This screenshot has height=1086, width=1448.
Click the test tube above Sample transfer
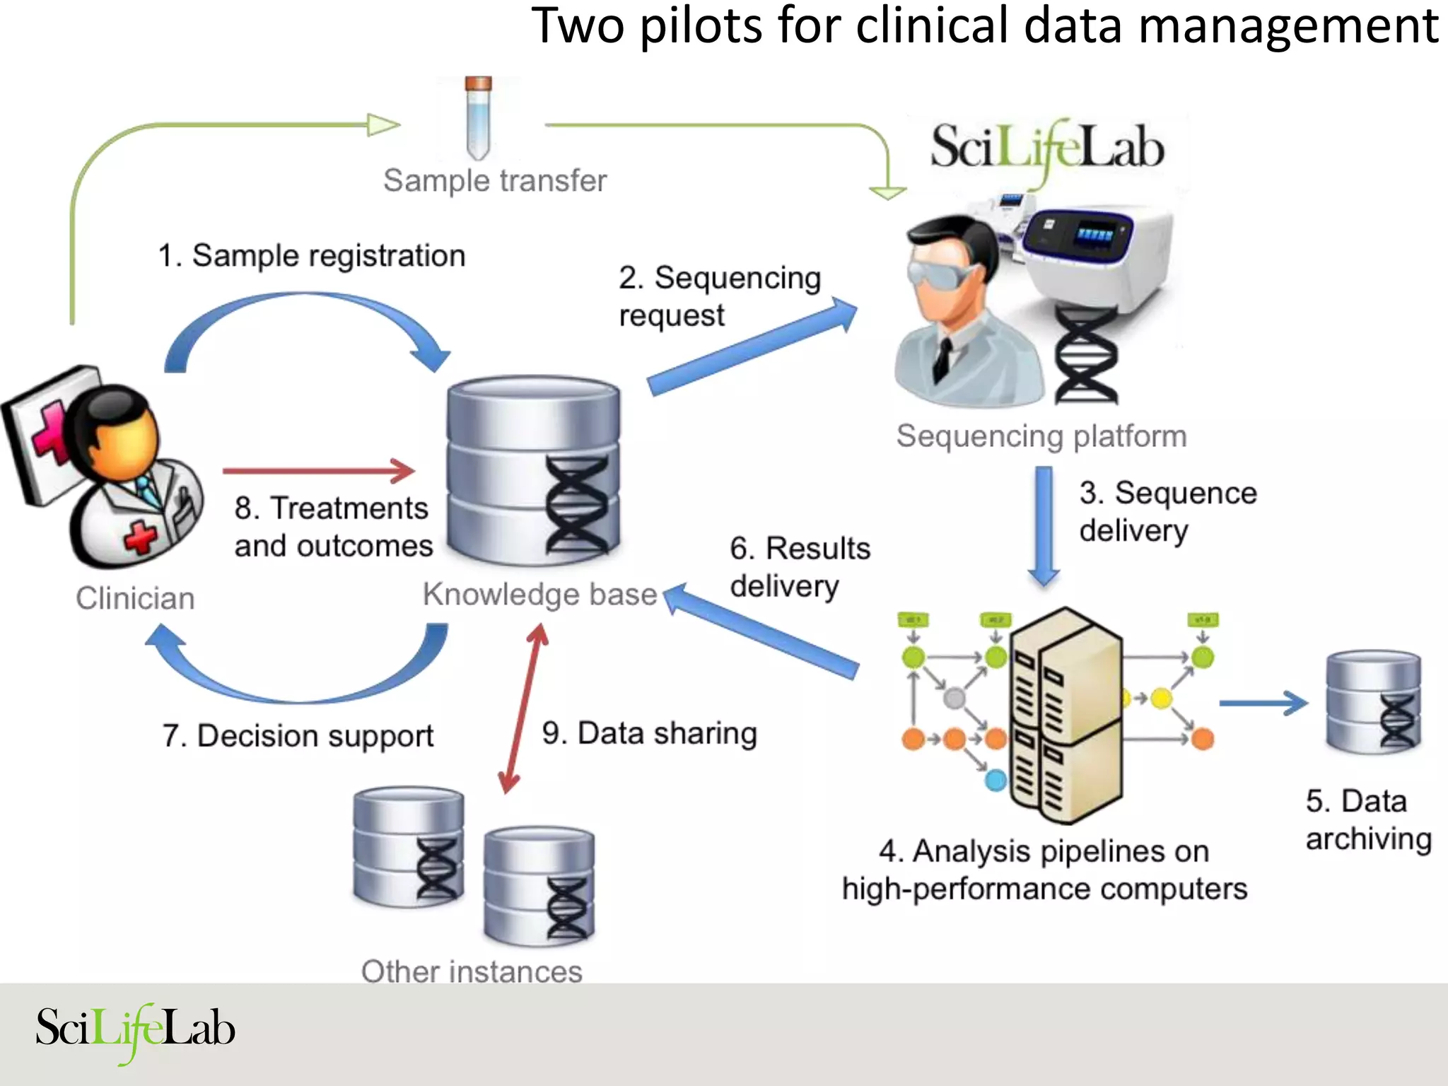[479, 119]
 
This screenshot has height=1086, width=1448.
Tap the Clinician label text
[135, 598]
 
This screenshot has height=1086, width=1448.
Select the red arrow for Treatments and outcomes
[319, 470]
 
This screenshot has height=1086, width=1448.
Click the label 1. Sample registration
[312, 256]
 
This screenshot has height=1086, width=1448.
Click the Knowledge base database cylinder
[533, 471]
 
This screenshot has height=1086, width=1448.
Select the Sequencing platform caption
[1041, 436]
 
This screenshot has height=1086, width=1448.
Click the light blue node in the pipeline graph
[995, 781]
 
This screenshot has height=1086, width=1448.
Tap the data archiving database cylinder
[1373, 702]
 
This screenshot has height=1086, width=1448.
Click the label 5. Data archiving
[1367, 820]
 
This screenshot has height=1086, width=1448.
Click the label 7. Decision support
[298, 736]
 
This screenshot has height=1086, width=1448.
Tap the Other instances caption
[472, 971]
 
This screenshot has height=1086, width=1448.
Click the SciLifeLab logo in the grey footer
[135, 1030]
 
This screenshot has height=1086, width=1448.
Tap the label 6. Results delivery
[799, 567]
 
